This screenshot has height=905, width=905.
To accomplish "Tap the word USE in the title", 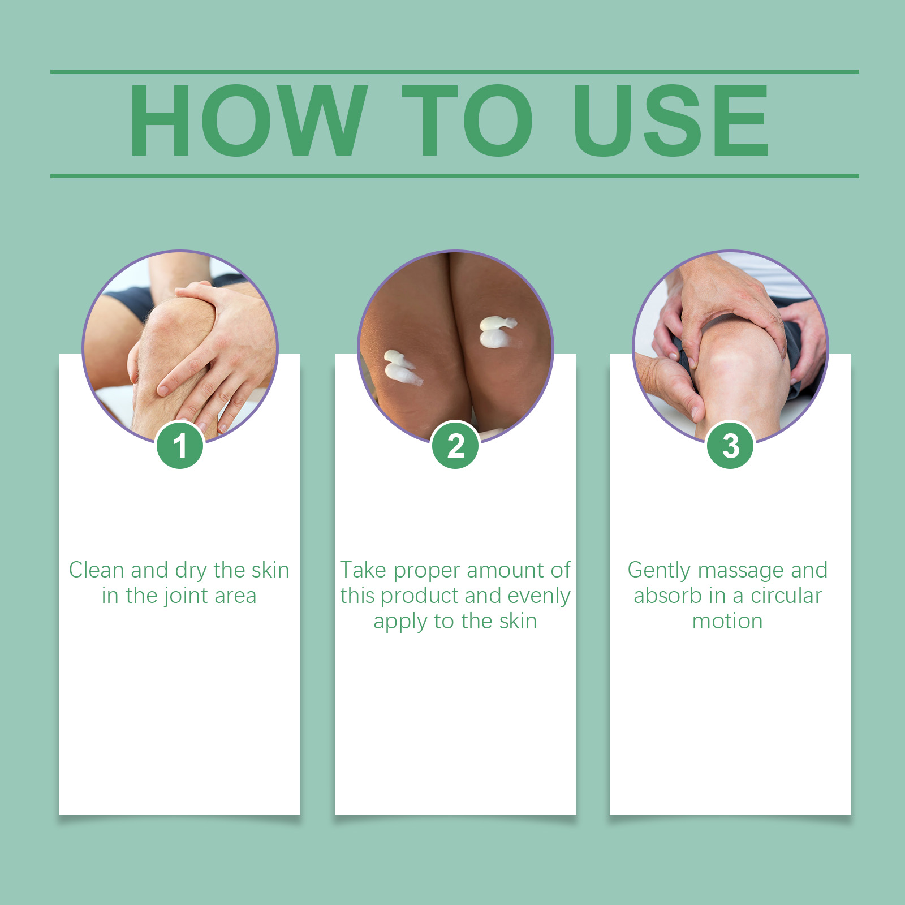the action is point(671,120).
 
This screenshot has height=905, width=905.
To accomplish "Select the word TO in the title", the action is point(468,120).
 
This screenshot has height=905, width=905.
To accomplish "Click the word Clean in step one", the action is point(96,570).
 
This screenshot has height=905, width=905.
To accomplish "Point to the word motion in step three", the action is point(727,622).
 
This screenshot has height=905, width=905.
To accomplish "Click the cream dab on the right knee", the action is point(497,331).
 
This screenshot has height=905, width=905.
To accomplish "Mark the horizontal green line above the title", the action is point(455,72).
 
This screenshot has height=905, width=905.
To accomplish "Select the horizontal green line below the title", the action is point(455,176).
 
